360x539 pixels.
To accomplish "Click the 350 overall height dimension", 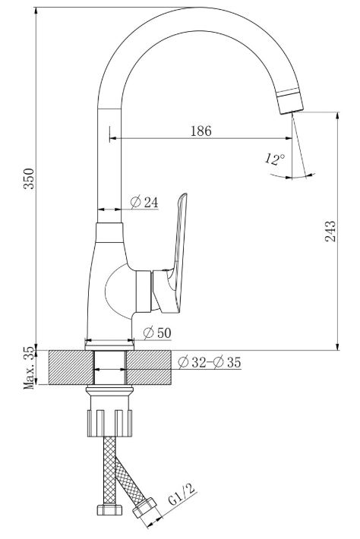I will [29, 178].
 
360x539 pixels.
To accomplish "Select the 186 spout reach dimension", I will [201, 131].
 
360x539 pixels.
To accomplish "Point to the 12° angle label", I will [275, 159].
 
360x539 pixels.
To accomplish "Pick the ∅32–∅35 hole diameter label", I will [210, 362].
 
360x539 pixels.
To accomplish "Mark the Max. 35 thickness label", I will [29, 367].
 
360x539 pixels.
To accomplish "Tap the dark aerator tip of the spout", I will [289, 102].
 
